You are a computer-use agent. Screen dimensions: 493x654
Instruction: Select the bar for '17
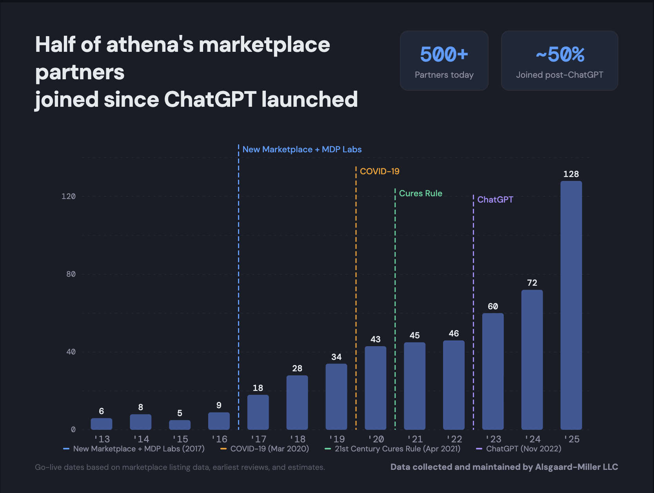tap(258, 412)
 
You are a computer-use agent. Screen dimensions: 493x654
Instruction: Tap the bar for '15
tap(180, 425)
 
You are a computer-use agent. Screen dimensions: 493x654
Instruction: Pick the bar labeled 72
tap(532, 360)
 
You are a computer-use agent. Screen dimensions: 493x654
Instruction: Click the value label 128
tap(571, 174)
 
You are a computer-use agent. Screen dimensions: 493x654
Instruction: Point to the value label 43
tap(375, 339)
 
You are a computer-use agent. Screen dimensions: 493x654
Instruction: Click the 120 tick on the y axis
tap(68, 196)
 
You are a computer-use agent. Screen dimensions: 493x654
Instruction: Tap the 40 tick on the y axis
tap(71, 352)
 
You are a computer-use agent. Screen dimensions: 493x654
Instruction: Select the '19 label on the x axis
tap(336, 439)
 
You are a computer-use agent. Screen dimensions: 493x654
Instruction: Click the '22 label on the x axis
tap(454, 439)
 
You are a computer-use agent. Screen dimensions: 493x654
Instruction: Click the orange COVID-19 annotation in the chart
tap(379, 171)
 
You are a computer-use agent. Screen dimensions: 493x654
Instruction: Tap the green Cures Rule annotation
tap(420, 193)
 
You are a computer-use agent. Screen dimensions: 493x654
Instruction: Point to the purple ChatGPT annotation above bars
tap(495, 199)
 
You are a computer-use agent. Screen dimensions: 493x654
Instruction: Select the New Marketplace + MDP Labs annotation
tap(302, 149)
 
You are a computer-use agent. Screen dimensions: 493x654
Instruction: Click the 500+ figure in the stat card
tap(444, 54)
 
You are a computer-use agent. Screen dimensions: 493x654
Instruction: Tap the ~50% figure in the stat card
tap(560, 54)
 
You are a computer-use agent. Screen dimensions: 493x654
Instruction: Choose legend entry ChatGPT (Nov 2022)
tap(523, 449)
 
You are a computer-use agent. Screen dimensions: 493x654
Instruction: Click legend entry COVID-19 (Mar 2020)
tap(269, 449)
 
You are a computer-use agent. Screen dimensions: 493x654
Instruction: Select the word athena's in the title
tap(150, 44)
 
